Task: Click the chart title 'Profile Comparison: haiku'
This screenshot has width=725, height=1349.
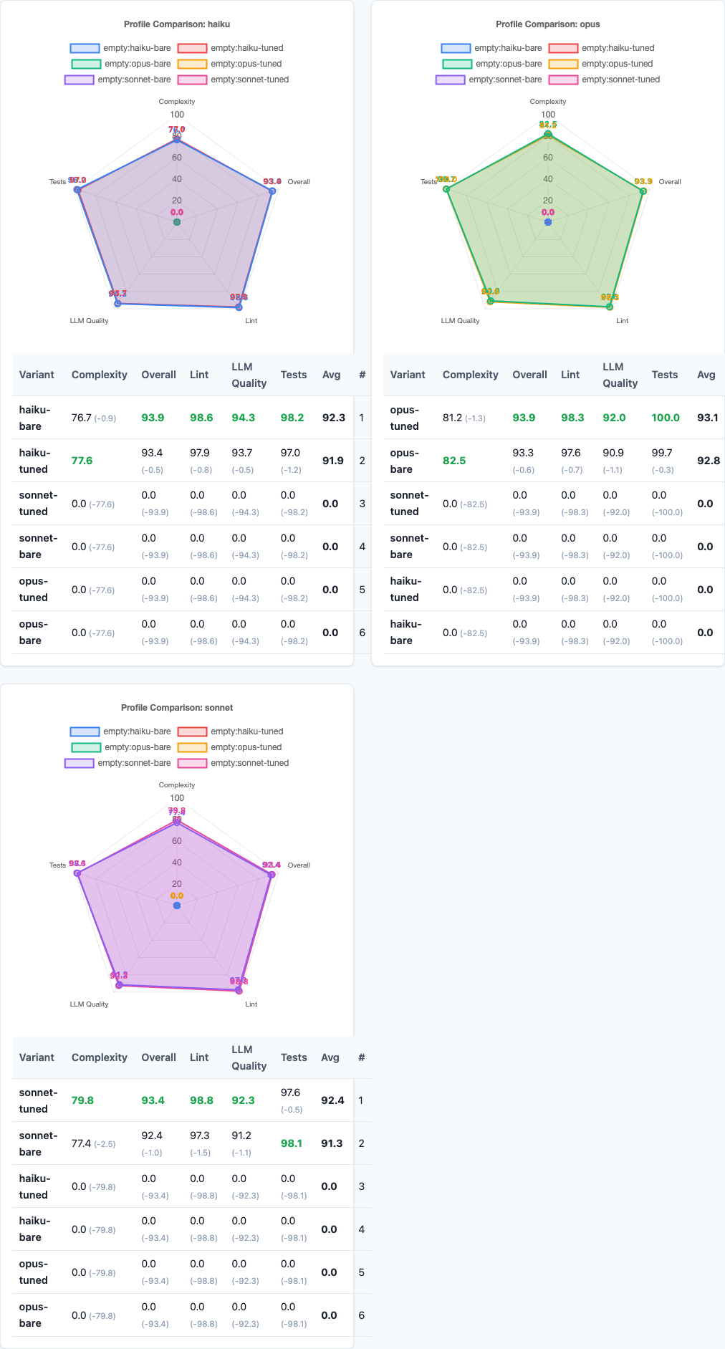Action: coord(177,24)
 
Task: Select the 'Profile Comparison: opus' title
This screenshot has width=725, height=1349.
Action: coord(548,24)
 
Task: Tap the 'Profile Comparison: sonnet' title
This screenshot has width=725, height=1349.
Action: coord(177,708)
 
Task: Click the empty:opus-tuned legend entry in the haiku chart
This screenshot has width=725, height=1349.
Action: coord(230,64)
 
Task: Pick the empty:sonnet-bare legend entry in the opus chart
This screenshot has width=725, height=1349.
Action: coord(489,80)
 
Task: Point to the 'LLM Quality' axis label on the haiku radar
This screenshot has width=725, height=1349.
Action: coord(90,321)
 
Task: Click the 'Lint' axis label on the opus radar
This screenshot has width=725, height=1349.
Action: coord(622,321)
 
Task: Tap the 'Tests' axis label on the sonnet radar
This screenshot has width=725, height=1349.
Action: coord(58,865)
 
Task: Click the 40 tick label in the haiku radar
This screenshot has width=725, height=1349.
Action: coord(177,179)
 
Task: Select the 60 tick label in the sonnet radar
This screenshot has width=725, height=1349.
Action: coord(177,841)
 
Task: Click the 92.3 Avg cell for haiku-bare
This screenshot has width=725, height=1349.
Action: coord(334,418)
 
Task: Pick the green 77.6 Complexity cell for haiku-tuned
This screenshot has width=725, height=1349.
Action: coord(82,461)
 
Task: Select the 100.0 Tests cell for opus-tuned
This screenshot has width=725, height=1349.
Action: coord(666,418)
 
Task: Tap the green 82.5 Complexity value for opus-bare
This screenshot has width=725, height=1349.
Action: coord(453,461)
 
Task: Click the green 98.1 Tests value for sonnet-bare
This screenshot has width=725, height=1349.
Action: coord(292,1143)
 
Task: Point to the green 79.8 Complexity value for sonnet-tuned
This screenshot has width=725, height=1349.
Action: coord(82,1100)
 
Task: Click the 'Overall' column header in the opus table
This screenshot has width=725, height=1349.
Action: coord(529,375)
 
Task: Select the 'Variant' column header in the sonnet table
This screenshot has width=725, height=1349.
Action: coord(37,1057)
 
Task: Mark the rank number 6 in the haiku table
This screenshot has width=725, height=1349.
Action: coord(362,633)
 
